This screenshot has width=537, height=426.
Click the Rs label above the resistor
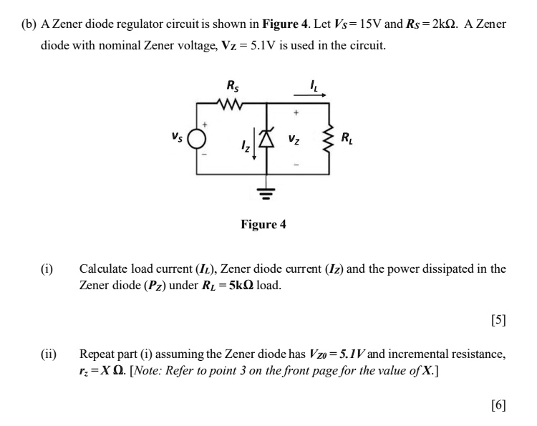(x=233, y=87)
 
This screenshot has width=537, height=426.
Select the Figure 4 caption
(x=263, y=225)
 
